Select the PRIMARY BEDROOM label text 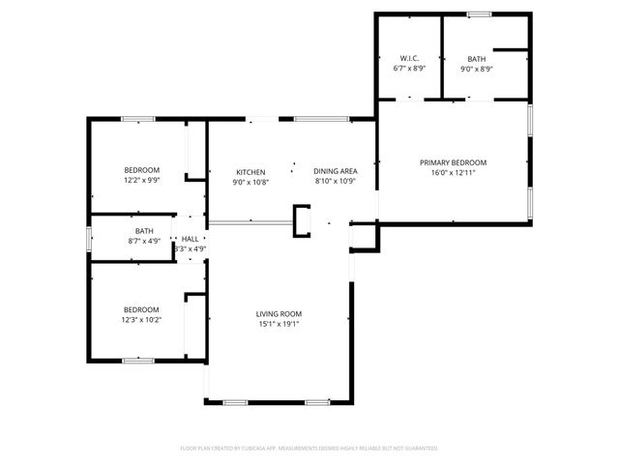click(x=453, y=162)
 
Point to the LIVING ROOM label click(x=279, y=313)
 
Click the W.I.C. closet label click(x=408, y=58)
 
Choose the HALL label click(x=190, y=239)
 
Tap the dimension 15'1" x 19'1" click(x=279, y=324)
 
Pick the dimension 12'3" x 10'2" click(x=141, y=319)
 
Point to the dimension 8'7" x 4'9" click(x=144, y=241)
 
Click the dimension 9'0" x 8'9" click(x=476, y=69)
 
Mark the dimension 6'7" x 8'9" click(x=408, y=69)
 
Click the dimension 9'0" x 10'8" click(x=251, y=182)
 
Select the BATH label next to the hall click(x=144, y=230)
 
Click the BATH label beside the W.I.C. click(x=476, y=58)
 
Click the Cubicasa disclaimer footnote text click(x=309, y=448)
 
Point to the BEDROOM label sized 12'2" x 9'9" click(x=141, y=170)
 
